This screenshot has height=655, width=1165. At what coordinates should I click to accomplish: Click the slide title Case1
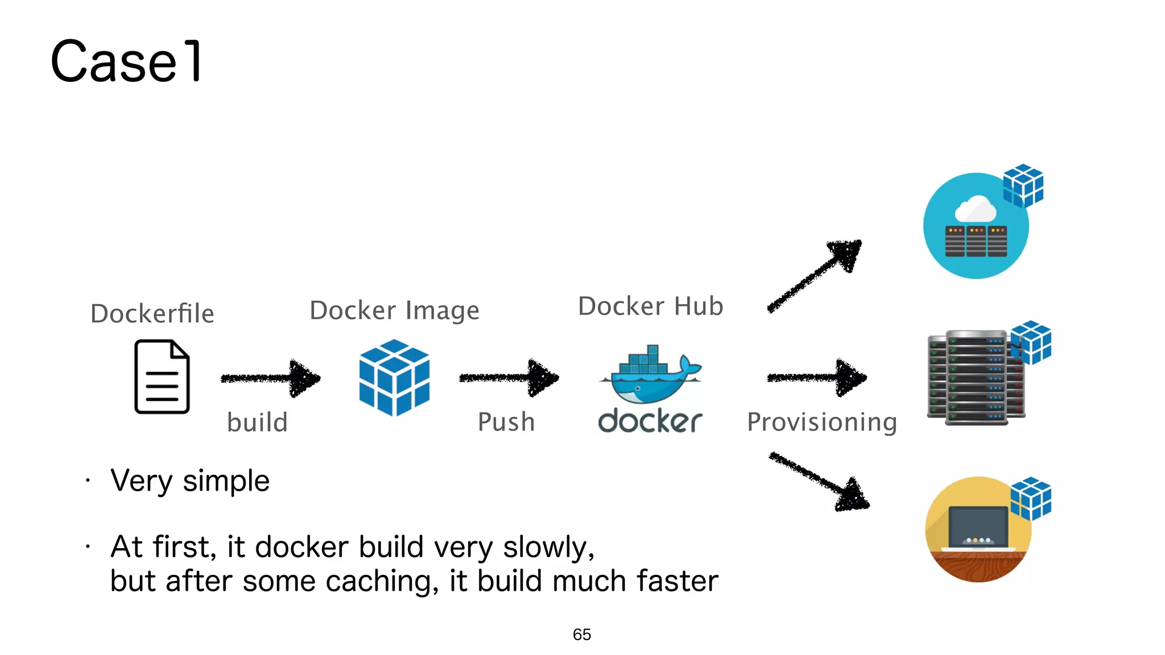126,61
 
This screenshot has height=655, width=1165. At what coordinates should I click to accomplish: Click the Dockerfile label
152,314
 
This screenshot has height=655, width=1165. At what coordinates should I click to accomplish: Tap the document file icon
162,376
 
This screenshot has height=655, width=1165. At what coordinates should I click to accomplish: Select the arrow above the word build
271,378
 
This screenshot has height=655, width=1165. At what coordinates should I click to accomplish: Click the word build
257,422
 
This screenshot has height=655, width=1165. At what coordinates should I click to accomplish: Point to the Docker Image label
394,310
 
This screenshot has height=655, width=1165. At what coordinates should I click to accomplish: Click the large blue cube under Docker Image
394,378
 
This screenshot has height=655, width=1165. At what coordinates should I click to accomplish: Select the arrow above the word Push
509,378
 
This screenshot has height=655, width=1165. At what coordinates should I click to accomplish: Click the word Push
506,422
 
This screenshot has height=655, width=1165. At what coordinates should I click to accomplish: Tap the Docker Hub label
650,306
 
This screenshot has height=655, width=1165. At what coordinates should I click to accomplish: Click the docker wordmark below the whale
650,421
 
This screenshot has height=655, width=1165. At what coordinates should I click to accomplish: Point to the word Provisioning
822,422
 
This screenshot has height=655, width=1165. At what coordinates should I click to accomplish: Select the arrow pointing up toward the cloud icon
815,276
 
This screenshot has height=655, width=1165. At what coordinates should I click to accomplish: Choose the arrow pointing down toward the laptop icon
819,481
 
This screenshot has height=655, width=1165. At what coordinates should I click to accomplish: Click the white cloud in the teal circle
976,210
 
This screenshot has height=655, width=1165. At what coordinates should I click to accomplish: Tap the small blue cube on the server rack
1031,342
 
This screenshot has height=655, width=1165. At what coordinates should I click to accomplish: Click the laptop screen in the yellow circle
978,526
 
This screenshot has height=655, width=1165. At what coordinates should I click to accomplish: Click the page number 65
582,635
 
